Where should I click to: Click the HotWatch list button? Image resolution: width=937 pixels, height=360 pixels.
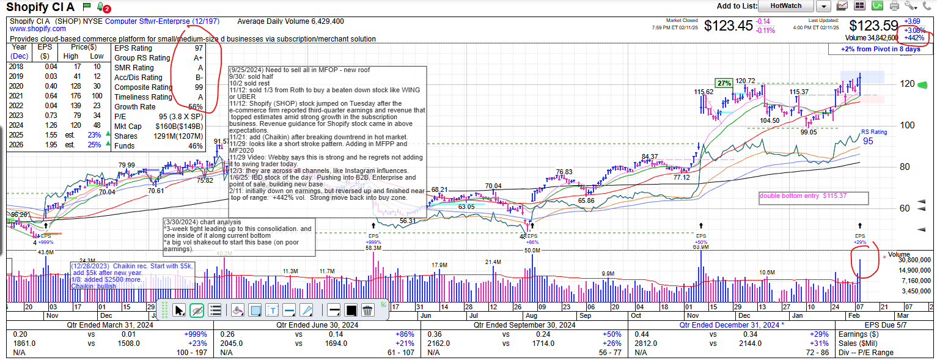(x=785, y=6)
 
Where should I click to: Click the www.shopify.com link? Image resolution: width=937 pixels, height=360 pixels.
(x=37, y=29)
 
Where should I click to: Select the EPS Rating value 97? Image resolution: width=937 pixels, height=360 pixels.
(x=199, y=48)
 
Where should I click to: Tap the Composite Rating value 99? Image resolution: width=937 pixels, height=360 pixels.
(x=199, y=87)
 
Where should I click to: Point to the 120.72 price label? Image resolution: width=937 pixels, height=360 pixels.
(x=745, y=81)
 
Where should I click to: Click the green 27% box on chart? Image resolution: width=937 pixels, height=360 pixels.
(x=724, y=83)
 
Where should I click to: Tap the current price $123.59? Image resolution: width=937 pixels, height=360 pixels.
(x=873, y=26)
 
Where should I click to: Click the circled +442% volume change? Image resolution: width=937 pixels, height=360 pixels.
(x=914, y=38)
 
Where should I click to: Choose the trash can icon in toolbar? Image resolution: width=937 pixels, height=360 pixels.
(x=367, y=310)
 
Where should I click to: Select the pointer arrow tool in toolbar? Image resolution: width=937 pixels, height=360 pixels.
(x=179, y=310)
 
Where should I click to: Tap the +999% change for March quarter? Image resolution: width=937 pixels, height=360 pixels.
(x=195, y=334)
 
